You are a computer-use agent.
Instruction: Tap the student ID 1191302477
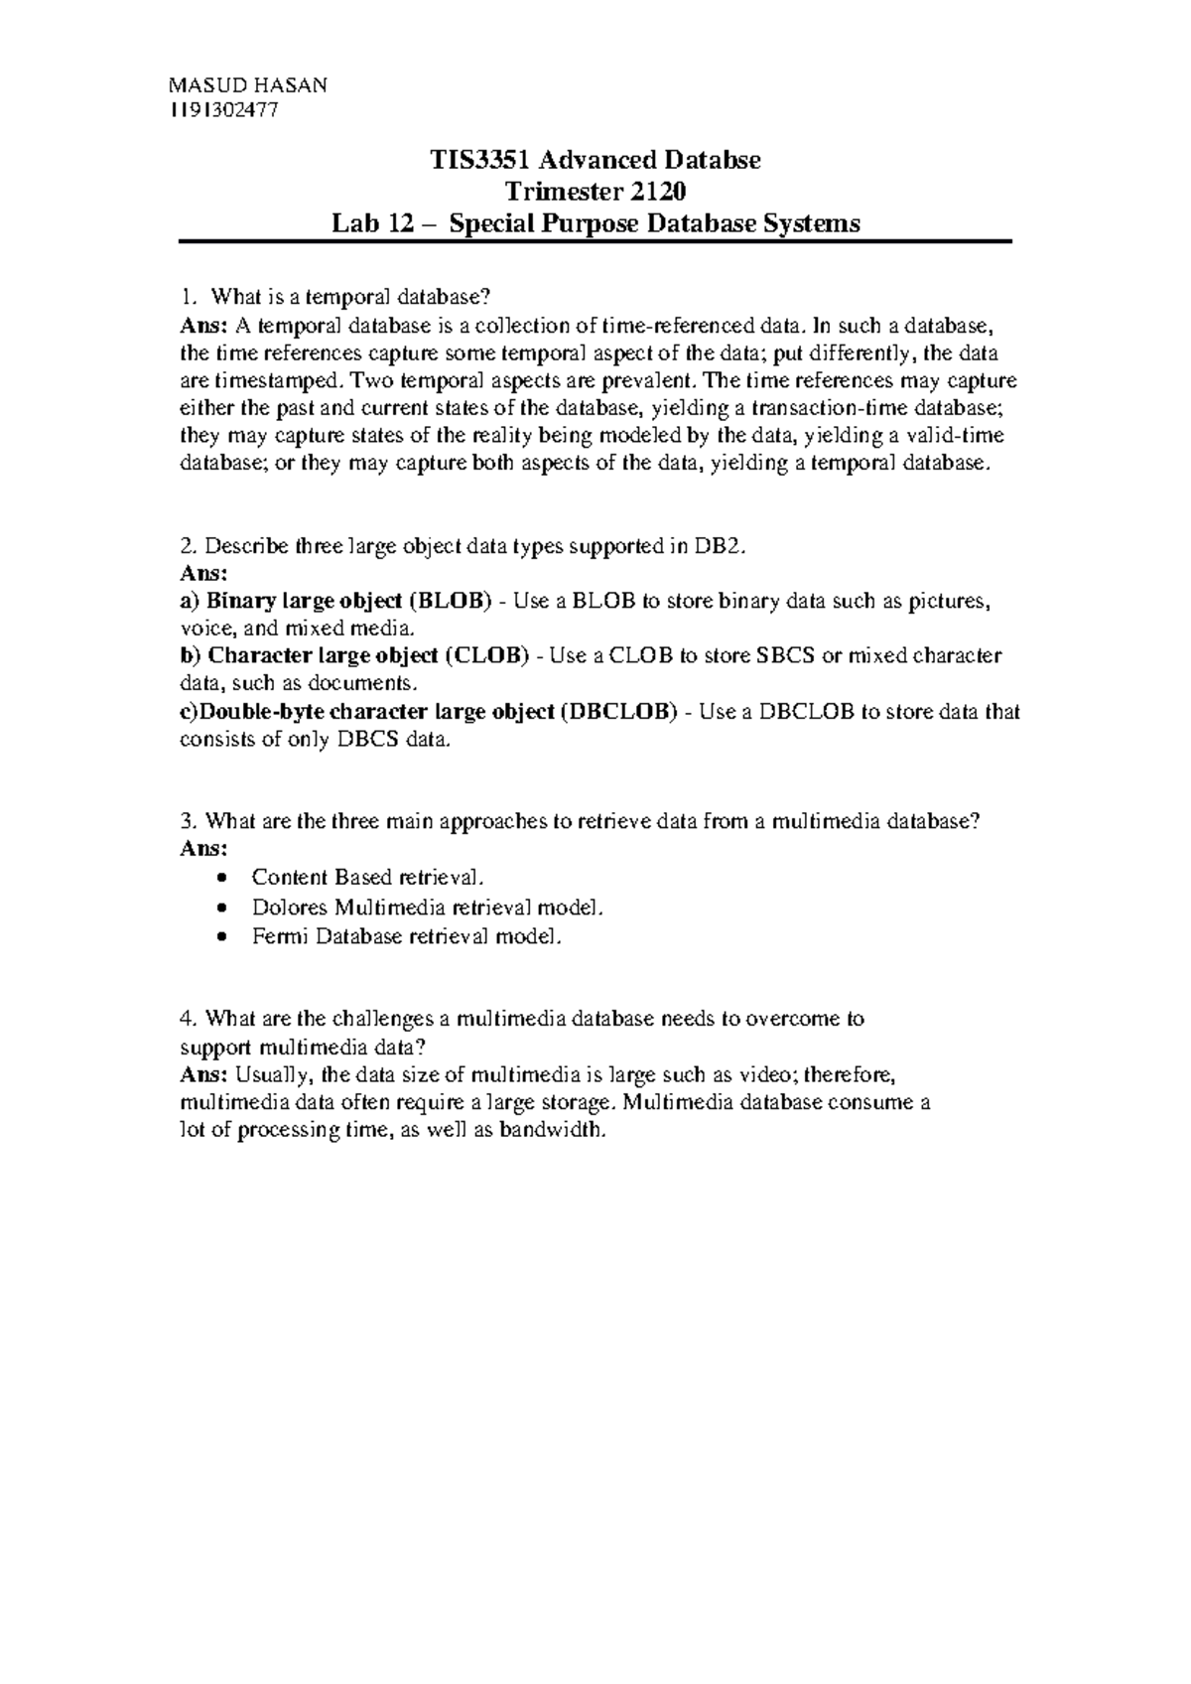click(224, 111)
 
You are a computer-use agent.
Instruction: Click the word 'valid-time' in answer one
click(958, 436)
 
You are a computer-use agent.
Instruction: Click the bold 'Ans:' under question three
click(203, 850)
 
